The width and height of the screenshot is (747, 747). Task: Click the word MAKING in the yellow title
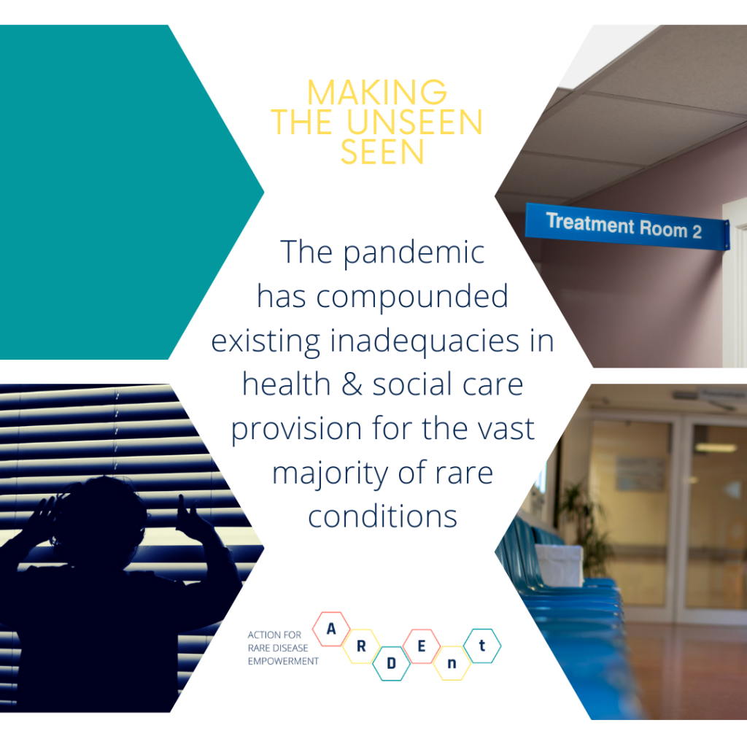pyautogui.click(x=377, y=93)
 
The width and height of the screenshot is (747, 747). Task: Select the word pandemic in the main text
pyautogui.click(x=414, y=253)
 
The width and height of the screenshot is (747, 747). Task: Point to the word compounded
pyautogui.click(x=412, y=296)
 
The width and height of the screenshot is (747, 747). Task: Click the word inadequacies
pyautogui.click(x=425, y=341)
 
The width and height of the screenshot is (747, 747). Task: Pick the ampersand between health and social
pyautogui.click(x=352, y=385)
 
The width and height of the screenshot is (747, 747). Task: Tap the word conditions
pyautogui.click(x=382, y=517)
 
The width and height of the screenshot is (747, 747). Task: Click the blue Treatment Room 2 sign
pyautogui.click(x=627, y=226)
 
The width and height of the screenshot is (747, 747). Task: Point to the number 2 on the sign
pyautogui.click(x=697, y=232)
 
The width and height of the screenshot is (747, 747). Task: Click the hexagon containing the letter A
pyautogui.click(x=331, y=629)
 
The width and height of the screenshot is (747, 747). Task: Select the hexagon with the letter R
pyautogui.click(x=361, y=646)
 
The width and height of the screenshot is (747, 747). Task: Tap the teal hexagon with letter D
pyautogui.click(x=391, y=663)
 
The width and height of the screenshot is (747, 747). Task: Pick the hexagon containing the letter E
pyautogui.click(x=421, y=646)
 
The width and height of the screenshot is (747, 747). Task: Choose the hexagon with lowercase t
pyautogui.click(x=482, y=646)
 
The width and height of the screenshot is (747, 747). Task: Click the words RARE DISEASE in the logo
pyautogui.click(x=278, y=648)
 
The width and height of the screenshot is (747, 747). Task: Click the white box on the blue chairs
pyautogui.click(x=558, y=565)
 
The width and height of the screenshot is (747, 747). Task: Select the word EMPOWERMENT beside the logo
pyautogui.click(x=283, y=661)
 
